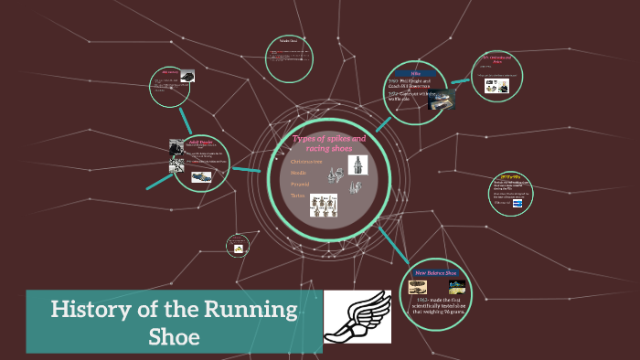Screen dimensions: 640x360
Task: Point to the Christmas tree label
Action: pyautogui.click(x=307, y=161)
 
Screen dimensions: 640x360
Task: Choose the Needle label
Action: pyautogui.click(x=298, y=172)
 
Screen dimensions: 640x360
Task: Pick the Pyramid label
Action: pyautogui.click(x=300, y=184)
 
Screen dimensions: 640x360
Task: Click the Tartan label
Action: pyautogui.click(x=298, y=196)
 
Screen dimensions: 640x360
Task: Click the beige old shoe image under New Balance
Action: pyautogui.click(x=418, y=287)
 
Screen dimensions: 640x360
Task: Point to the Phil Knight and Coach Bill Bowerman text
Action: pyautogui.click(x=417, y=84)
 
